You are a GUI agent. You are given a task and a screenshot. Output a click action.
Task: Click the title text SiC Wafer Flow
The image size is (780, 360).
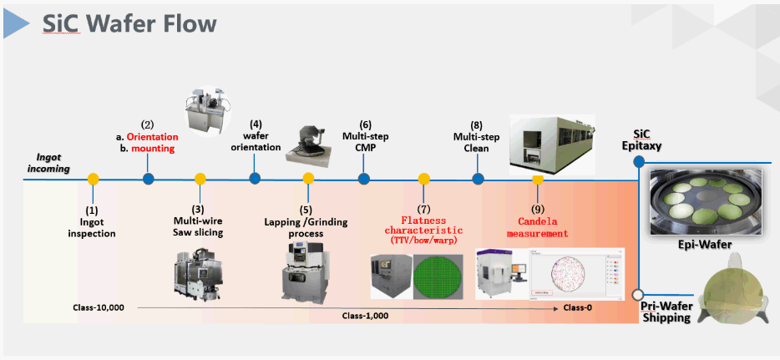pyautogui.click(x=129, y=24)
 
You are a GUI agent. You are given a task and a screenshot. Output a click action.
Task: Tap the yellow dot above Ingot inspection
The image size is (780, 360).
pyautogui.click(x=93, y=179)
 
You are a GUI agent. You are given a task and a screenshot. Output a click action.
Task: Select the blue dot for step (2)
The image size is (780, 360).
pyautogui.click(x=148, y=178)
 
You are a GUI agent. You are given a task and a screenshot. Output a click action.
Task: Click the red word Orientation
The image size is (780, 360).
pyautogui.click(x=152, y=137)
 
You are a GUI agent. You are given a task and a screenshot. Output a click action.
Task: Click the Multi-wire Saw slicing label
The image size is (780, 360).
pyautogui.click(x=198, y=226)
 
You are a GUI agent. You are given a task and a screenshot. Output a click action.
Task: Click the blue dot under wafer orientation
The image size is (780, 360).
pyautogui.click(x=255, y=178)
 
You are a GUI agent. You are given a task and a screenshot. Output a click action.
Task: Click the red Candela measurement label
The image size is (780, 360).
pyautogui.click(x=537, y=227)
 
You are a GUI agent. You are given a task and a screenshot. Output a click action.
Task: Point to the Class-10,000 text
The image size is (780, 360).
pyautogui.click(x=99, y=307)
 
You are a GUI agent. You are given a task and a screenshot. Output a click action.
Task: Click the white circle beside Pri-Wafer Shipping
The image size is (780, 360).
pyautogui.click(x=638, y=294)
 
